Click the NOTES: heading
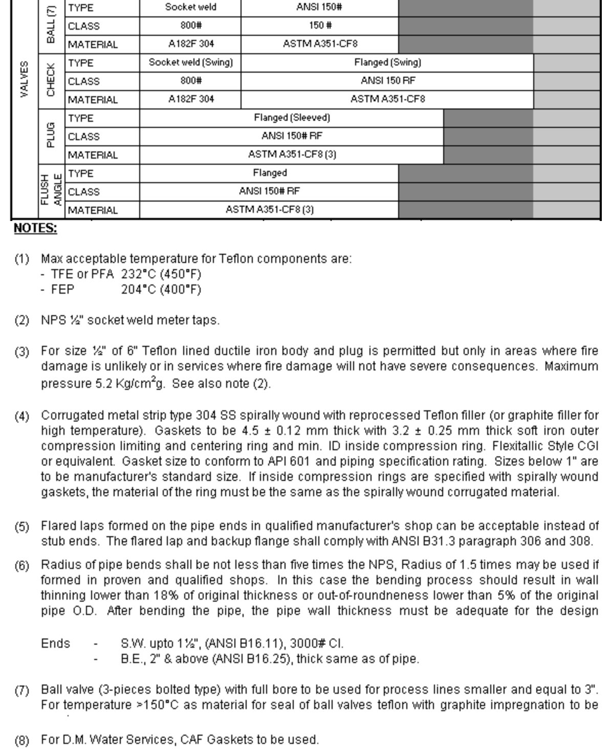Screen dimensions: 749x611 point(35,228)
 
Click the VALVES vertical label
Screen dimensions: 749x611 point(24,79)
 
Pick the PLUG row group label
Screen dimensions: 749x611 point(51,136)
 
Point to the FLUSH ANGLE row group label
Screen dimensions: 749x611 point(52,191)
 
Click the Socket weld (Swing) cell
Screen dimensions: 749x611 point(190,62)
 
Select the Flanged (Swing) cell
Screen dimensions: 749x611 point(387,62)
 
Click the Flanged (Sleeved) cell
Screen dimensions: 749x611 point(292,118)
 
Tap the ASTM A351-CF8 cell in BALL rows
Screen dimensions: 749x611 point(320,44)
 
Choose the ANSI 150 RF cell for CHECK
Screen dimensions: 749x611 point(387,81)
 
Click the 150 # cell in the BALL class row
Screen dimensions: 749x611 point(320,26)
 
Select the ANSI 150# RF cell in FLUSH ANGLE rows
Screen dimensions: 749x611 point(269,191)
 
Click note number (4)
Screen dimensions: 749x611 point(21,416)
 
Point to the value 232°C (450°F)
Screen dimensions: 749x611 point(161,274)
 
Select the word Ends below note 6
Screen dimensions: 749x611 point(55,643)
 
